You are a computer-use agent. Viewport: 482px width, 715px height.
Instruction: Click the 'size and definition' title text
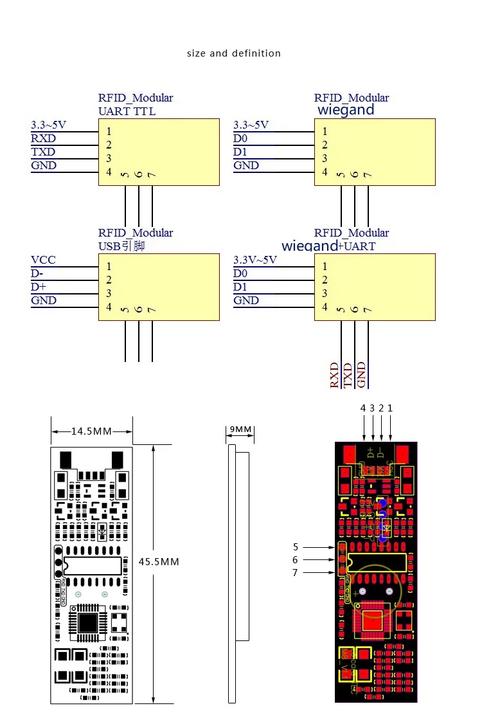(x=234, y=53)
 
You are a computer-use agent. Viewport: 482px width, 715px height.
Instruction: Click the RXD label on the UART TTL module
(x=43, y=138)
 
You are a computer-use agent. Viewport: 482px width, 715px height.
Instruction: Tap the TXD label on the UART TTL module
(x=43, y=152)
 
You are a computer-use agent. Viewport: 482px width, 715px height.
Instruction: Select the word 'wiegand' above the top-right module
(x=346, y=110)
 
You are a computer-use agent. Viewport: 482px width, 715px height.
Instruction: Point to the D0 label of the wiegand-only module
(x=240, y=138)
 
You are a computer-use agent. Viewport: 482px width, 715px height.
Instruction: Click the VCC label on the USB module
(x=43, y=260)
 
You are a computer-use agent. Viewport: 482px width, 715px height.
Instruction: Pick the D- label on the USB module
(x=37, y=273)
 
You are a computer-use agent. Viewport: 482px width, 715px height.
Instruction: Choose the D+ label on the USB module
(x=38, y=287)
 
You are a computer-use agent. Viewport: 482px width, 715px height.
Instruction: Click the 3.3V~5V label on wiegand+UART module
(x=255, y=260)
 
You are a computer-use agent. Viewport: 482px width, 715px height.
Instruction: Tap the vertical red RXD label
(x=334, y=376)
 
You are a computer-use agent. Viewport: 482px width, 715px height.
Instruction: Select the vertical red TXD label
(x=348, y=376)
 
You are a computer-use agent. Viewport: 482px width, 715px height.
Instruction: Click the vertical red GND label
(x=361, y=376)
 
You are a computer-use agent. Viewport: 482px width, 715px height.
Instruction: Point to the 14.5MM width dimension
(x=91, y=431)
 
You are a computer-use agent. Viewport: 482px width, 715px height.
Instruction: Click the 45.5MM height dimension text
(x=159, y=561)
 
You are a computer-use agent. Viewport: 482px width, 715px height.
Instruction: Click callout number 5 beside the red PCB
(x=296, y=547)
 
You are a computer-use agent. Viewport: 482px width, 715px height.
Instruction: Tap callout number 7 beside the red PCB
(x=296, y=573)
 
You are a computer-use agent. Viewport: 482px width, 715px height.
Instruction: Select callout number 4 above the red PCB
(x=363, y=408)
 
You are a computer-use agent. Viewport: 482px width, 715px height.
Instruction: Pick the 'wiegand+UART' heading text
(x=328, y=246)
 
